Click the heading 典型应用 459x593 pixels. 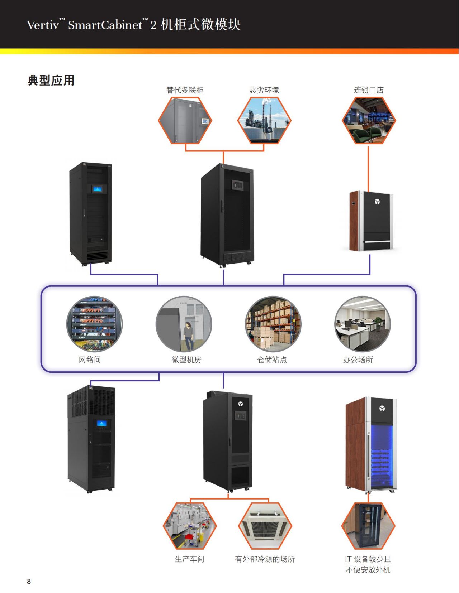51,81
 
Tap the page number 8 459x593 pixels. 29,581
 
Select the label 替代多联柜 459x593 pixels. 185,90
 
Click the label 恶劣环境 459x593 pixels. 264,90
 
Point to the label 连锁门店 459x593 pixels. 369,90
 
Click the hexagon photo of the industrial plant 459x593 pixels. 264,120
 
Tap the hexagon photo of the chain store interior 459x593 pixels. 369,120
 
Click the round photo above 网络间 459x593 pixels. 94,324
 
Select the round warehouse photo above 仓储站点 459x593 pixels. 273,324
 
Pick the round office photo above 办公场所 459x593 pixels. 363,324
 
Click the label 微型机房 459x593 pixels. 186,360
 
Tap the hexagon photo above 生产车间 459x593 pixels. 190,526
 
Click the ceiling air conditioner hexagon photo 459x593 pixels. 265,526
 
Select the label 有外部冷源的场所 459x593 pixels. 265,559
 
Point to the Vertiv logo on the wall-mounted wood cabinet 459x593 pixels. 377,202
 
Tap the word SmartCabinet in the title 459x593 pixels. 105,25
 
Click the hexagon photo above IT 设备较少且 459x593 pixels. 368,526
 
